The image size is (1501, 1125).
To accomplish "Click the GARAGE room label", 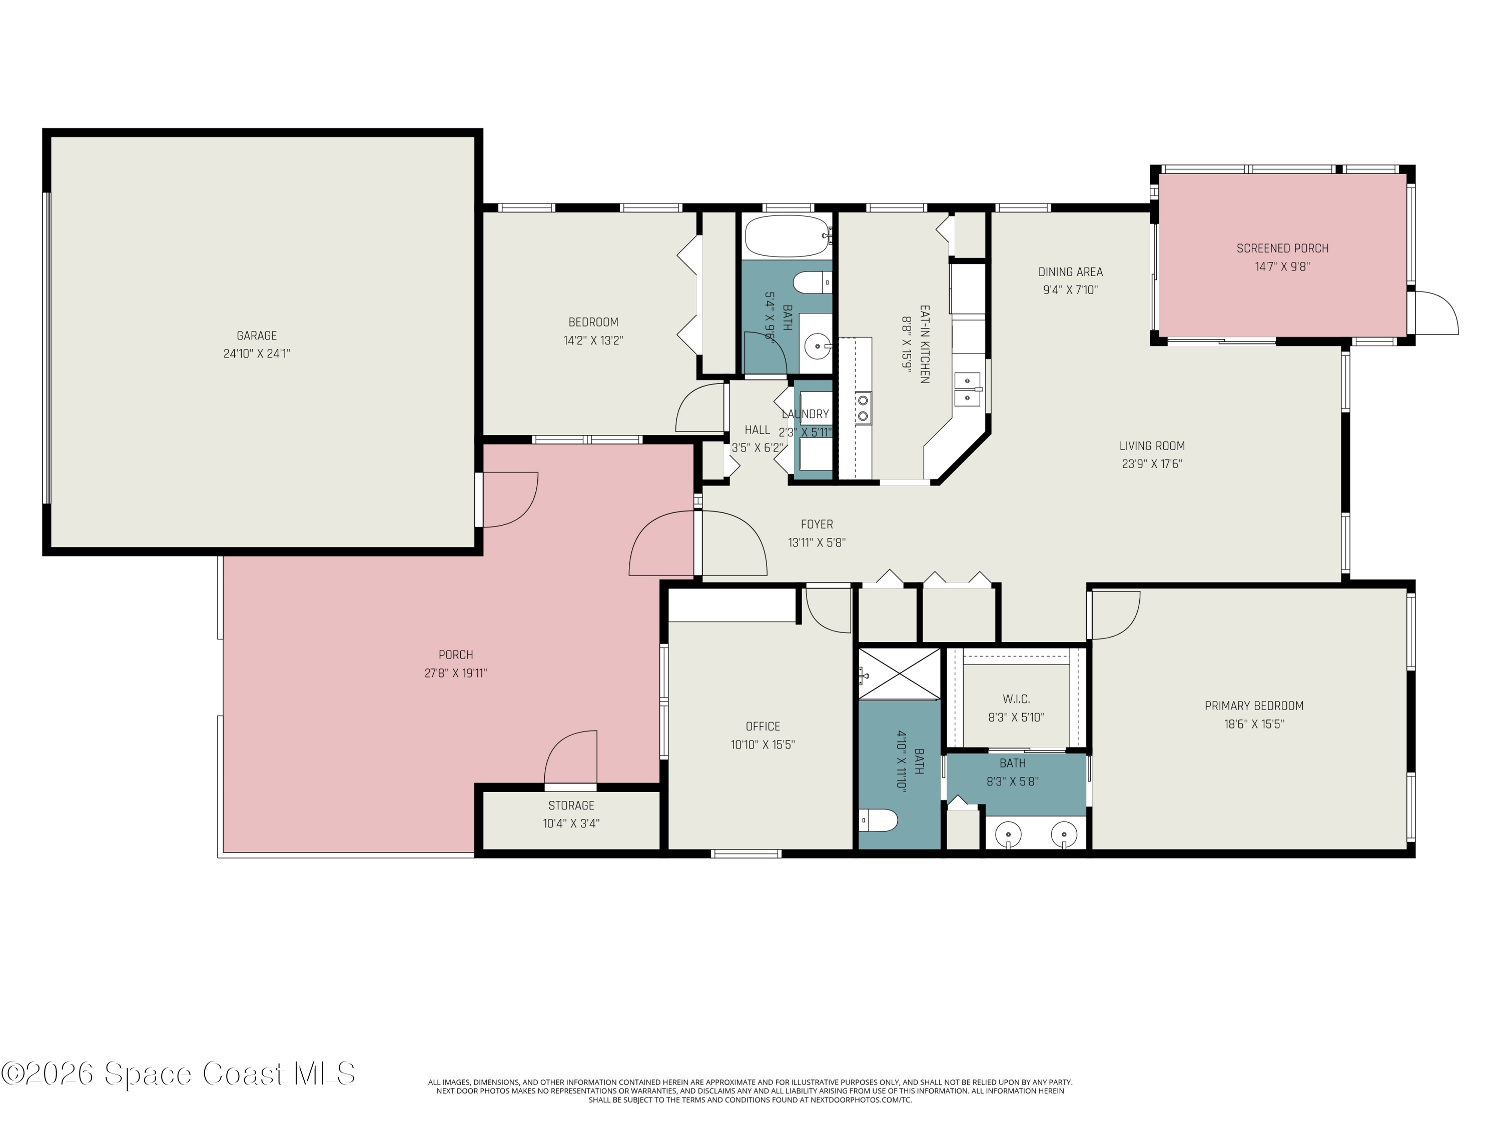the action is click(257, 335).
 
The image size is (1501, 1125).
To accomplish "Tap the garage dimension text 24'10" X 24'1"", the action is click(257, 354).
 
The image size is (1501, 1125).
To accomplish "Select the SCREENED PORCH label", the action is click(1282, 248).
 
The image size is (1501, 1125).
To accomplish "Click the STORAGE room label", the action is click(571, 805).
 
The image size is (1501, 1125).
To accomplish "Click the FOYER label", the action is click(817, 524).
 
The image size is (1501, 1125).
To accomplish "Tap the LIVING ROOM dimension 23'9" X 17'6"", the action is click(1152, 464).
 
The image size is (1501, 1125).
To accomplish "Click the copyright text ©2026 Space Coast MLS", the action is click(178, 1073).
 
